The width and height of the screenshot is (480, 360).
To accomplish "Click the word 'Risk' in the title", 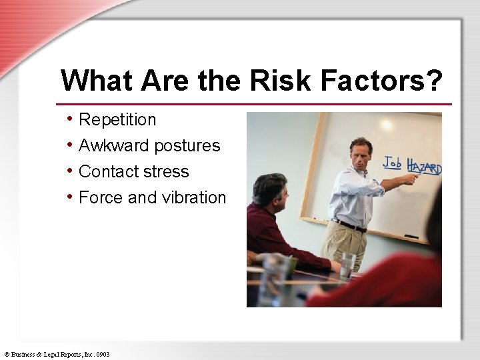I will point(281,81).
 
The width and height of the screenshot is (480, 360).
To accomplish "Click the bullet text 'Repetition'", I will point(117,120).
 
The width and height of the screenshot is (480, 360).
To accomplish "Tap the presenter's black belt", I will point(351,225).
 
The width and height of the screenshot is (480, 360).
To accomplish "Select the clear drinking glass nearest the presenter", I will point(347,265).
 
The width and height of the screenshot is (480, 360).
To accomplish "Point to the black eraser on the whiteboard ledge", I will point(411,237).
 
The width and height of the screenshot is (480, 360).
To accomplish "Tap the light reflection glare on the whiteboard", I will point(386,125).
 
